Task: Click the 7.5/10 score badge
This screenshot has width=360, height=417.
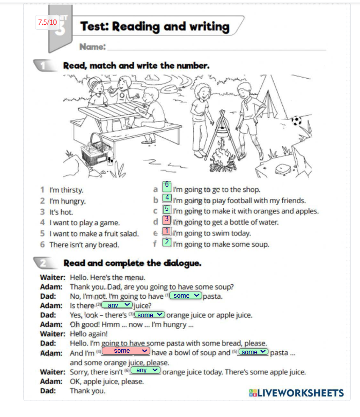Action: (x=47, y=22)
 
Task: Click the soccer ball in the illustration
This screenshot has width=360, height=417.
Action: (x=296, y=121)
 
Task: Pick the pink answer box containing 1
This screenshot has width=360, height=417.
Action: (x=167, y=231)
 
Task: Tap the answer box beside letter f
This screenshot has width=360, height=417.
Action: (x=167, y=242)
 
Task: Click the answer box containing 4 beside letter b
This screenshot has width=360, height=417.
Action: (x=167, y=197)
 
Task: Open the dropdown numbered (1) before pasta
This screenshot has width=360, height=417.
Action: (x=185, y=296)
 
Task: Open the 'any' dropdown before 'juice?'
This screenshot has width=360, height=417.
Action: (x=117, y=305)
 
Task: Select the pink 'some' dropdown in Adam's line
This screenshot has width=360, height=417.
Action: (x=125, y=351)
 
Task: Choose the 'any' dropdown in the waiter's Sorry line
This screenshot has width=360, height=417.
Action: (x=146, y=370)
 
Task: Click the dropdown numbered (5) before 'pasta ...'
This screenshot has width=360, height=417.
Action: (x=253, y=352)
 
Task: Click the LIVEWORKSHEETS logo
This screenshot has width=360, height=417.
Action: (x=296, y=393)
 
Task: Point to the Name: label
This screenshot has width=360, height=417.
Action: (x=93, y=47)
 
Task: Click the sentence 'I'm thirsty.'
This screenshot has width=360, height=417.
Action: (x=66, y=190)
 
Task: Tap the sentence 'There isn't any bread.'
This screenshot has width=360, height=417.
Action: (x=84, y=245)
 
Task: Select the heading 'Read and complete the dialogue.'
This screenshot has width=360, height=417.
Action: (x=132, y=263)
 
